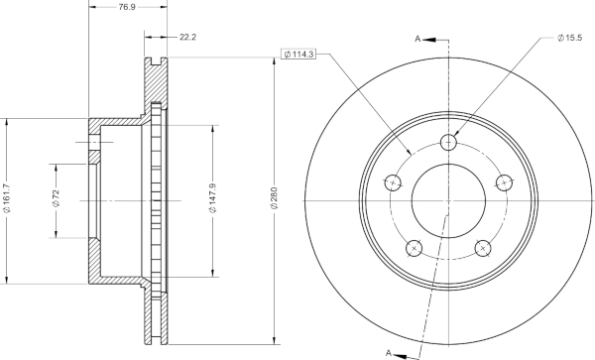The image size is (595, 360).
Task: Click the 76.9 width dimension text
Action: tap(127, 7)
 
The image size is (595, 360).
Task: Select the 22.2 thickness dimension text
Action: tap(187, 37)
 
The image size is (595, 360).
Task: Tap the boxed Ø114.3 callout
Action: tap(299, 55)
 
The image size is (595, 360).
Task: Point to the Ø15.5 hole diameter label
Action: tap(569, 38)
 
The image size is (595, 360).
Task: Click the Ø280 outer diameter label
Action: tap(275, 197)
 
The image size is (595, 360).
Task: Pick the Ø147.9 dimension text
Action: tap(213, 198)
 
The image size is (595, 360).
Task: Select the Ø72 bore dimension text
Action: tap(57, 198)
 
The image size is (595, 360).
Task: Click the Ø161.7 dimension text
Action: tap(7, 198)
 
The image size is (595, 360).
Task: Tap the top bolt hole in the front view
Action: tap(448, 143)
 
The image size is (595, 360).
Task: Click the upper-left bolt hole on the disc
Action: tap(393, 183)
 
